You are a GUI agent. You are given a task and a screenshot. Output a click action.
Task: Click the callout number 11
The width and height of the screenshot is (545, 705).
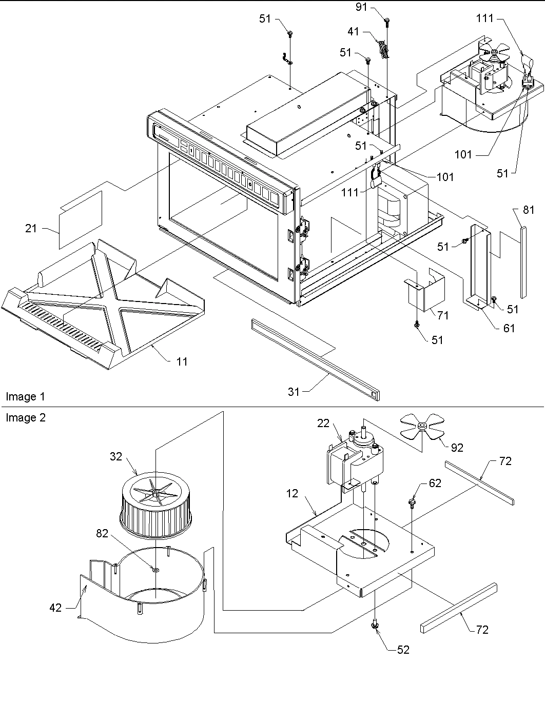pos(182,361)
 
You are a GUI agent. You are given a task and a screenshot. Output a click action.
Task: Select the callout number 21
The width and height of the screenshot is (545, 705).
pos(31,228)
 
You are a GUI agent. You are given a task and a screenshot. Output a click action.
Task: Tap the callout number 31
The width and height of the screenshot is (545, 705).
pos(294,392)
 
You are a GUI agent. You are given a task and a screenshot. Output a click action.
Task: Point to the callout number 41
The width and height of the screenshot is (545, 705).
pos(353,32)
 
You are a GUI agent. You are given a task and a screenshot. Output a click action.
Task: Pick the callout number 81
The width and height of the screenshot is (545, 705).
pos(529,210)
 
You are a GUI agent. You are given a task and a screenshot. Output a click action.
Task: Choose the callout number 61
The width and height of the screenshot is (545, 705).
pos(509,328)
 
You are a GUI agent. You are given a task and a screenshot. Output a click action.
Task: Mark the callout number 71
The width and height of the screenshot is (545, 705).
pos(442,315)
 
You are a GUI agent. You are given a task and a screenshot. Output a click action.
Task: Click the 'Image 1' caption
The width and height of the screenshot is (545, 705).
pos(25,397)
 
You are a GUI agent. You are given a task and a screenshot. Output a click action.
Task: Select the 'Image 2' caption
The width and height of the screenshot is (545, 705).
pos(26,418)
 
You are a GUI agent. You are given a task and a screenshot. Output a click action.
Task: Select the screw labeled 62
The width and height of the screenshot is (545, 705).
pos(412,500)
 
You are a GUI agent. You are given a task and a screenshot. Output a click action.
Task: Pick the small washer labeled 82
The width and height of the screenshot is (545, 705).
pos(154,569)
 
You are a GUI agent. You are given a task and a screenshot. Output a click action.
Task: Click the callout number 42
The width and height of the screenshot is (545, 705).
pos(55,608)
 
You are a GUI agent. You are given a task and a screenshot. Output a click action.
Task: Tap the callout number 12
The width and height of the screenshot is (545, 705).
pos(293,494)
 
